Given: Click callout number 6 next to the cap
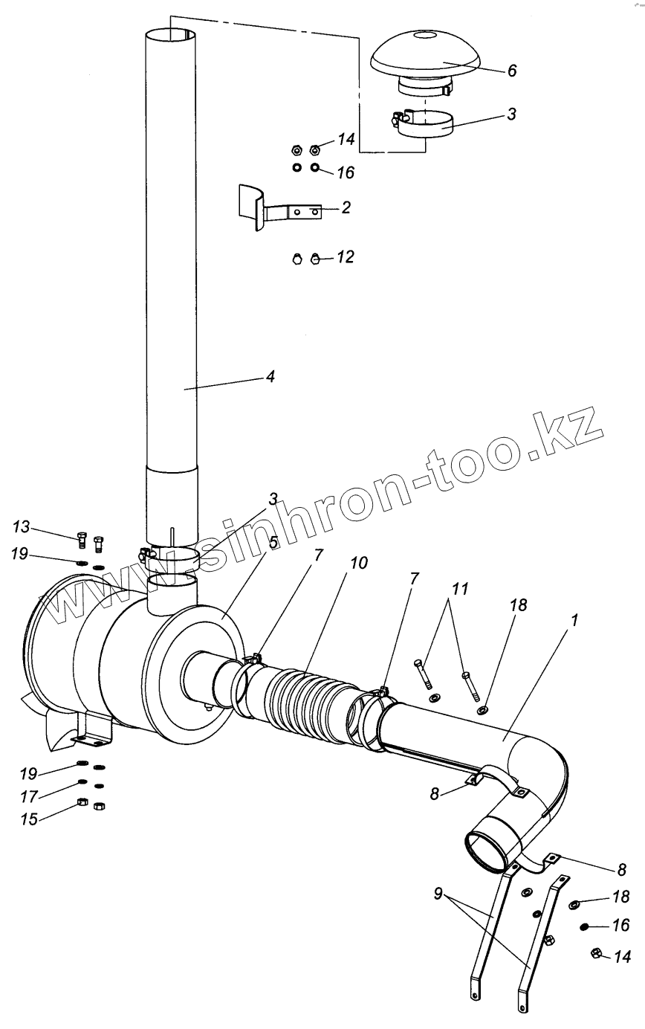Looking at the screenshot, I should pos(511,71).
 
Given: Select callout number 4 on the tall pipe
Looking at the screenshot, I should pos(270,377).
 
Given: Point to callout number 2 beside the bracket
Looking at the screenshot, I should pos(346,207).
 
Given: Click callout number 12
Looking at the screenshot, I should pos(345,257).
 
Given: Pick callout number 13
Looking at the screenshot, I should pos(21,527).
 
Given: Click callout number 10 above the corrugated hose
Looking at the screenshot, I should pos(358,563).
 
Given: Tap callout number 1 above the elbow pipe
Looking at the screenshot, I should pos(574,619).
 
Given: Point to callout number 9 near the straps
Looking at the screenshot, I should pos(439,890).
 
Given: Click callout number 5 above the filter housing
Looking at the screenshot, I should pos(274,542).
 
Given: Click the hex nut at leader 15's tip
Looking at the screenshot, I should pos(83,803).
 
